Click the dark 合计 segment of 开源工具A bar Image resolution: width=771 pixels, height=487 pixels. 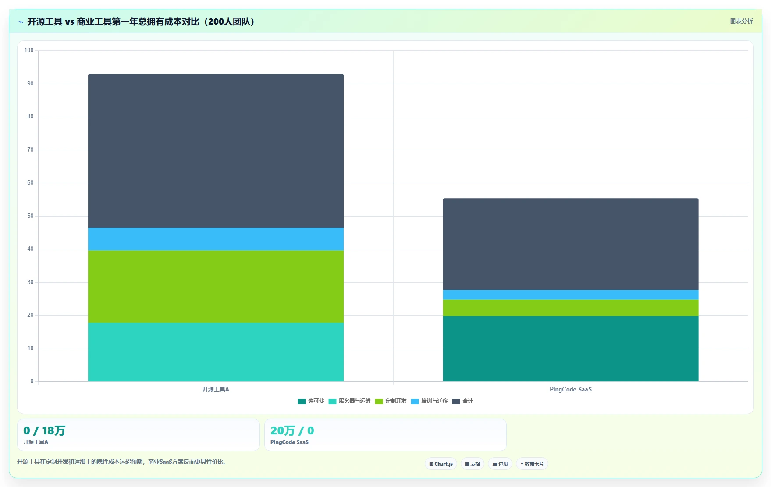[216, 150]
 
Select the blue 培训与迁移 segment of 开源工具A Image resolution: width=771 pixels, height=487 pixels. [216, 239]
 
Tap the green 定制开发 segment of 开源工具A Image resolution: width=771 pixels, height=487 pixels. [216, 286]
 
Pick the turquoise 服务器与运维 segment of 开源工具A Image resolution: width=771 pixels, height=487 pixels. [216, 352]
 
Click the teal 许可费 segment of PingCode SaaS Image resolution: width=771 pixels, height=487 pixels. [571, 348]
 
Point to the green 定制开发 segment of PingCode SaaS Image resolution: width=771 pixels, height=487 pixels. [571, 308]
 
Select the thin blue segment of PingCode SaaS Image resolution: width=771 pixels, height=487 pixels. [571, 295]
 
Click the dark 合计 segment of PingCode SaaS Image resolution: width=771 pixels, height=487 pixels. [571, 244]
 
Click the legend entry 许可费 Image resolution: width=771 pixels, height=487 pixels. [311, 401]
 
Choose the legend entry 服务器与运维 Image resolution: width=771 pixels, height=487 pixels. [349, 401]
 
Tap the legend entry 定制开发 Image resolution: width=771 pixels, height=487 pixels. [391, 401]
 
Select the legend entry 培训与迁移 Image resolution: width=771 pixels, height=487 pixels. [429, 401]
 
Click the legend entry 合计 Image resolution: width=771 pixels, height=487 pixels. [462, 401]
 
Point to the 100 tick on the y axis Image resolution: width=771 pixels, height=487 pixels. [29, 50]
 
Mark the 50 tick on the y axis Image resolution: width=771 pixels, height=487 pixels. [30, 216]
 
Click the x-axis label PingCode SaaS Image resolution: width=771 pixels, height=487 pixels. [571, 389]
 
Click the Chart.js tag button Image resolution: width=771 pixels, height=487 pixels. [441, 464]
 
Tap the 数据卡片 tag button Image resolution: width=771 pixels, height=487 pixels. [532, 464]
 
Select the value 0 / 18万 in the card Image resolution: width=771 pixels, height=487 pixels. [44, 430]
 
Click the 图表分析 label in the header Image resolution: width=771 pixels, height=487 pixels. [741, 21]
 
